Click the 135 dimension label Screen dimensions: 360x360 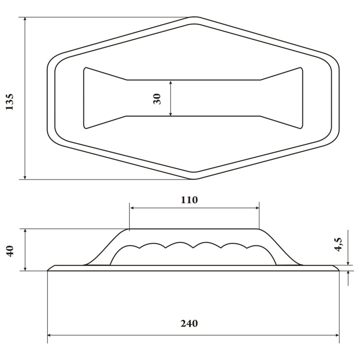tap(9, 102)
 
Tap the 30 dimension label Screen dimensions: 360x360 tap(157, 99)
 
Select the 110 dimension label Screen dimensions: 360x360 tap(189, 200)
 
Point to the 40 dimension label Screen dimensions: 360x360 tap(10, 251)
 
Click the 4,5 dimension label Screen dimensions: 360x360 tap(338, 244)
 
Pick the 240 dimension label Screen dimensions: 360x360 tap(189, 323)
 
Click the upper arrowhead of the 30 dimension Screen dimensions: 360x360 tap(170, 83)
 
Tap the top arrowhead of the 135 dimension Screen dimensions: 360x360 tap(25, 20)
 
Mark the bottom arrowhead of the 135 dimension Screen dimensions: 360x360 tap(25, 177)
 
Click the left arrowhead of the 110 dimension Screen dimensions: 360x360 tap(133, 208)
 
